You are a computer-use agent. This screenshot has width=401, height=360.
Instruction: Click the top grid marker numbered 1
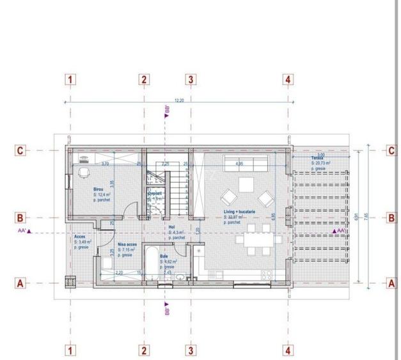pyautogui.click(x=71, y=80)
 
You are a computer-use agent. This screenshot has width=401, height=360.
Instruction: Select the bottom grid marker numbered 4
pyautogui.click(x=288, y=350)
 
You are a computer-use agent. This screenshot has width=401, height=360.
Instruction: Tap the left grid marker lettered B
pyautogui.click(x=20, y=217)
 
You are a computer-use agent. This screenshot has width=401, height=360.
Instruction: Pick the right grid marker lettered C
pyautogui.click(x=391, y=151)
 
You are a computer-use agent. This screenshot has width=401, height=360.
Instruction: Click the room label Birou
pyautogui.click(x=98, y=190)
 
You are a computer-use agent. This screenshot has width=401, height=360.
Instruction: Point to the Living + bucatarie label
pyautogui.click(x=240, y=212)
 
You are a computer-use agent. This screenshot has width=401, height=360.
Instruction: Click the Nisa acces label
pyautogui.click(x=127, y=244)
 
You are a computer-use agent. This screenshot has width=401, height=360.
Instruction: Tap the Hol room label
pyautogui.click(x=171, y=226)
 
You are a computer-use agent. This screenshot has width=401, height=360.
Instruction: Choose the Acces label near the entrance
pyautogui.click(x=80, y=236)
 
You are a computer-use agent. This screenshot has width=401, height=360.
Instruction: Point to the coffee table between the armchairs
pyautogui.click(x=246, y=186)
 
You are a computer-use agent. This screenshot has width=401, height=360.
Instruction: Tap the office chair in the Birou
pyautogui.click(x=84, y=172)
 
